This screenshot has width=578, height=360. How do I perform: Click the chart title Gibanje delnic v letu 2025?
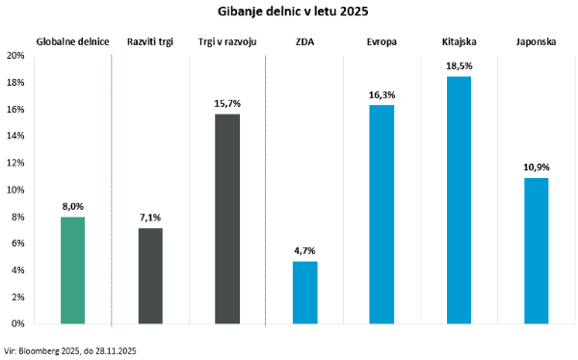[286, 12]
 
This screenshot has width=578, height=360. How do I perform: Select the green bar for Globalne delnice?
[72, 271]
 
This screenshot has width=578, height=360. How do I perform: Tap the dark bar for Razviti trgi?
[150, 277]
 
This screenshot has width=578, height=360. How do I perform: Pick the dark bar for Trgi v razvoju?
[226, 219]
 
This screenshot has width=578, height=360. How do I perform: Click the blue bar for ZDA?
[304, 294]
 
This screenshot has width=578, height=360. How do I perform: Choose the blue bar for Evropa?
[381, 215]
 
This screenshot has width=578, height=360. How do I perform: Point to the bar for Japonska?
[536, 251]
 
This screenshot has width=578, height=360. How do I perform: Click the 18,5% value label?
[459, 64]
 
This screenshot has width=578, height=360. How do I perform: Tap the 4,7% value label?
[304, 249]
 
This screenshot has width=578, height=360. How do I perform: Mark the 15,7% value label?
[226, 102]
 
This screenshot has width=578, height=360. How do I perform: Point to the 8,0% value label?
[72, 205]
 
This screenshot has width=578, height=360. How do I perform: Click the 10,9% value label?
[536, 167]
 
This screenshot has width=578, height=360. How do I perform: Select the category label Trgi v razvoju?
[226, 42]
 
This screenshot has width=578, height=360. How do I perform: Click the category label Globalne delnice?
[72, 42]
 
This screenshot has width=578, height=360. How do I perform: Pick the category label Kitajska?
[459, 42]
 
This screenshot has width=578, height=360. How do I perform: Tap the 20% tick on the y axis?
[15, 56]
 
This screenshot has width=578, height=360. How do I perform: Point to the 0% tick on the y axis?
[18, 324]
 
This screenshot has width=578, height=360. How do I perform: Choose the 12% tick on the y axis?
[15, 164]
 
